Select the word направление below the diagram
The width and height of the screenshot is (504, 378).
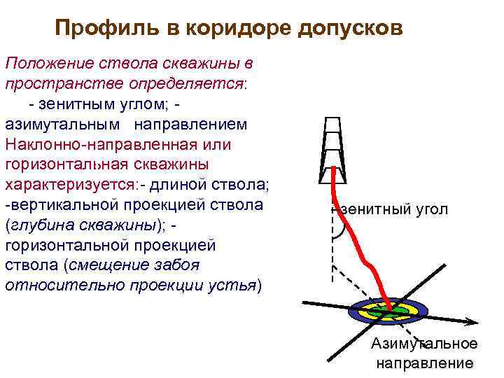point(425,363)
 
